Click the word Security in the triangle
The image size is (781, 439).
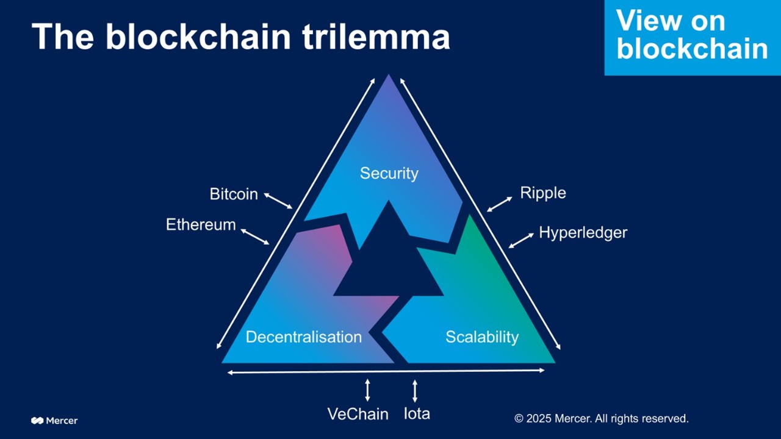(x=389, y=173)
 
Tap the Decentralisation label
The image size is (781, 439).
(x=303, y=337)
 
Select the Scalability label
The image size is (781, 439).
(x=481, y=337)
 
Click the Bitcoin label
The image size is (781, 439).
(x=233, y=194)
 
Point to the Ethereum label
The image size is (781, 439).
(x=201, y=224)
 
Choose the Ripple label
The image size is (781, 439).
(x=542, y=193)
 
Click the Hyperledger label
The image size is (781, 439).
(x=583, y=232)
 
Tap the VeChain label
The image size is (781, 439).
(x=358, y=414)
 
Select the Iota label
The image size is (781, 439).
(x=417, y=413)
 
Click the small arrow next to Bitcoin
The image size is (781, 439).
(x=278, y=201)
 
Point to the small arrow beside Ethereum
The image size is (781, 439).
(x=254, y=237)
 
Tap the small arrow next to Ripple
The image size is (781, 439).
(x=500, y=204)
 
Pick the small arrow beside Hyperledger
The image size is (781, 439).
(x=521, y=240)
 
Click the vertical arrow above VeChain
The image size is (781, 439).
(x=367, y=390)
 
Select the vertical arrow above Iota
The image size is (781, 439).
(x=415, y=390)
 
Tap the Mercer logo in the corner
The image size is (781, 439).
(x=54, y=420)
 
